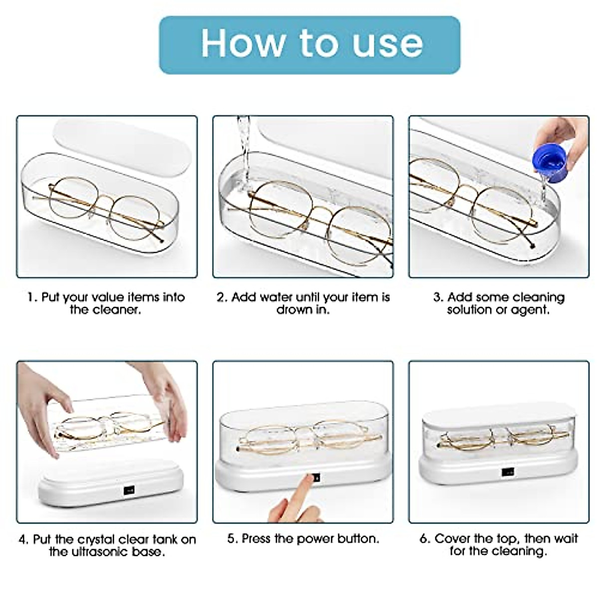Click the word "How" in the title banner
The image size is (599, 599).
tap(244, 43)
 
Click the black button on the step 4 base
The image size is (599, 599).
tap(129, 491)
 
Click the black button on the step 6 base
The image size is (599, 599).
tap(507, 473)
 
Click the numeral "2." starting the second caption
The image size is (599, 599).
tap(222, 297)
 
